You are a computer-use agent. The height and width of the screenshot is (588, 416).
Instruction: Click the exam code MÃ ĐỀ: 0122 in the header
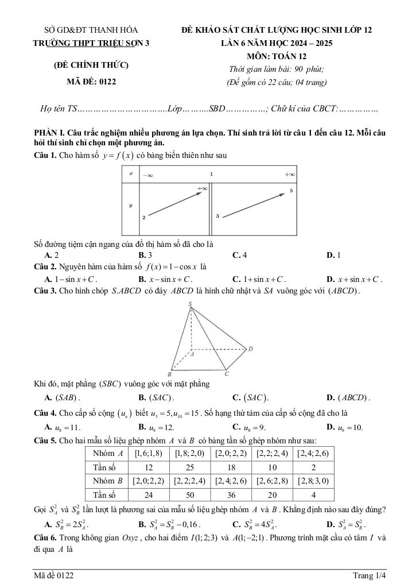(x=91, y=82)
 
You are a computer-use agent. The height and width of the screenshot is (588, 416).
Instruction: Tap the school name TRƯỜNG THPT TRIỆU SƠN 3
(x=91, y=43)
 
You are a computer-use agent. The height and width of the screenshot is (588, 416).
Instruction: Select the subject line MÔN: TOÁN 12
(x=277, y=56)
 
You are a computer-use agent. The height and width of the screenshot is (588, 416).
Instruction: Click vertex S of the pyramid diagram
(x=190, y=305)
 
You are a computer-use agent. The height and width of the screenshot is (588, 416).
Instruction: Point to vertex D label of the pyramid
(x=250, y=349)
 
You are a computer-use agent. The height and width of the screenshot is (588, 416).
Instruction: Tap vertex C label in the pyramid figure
(x=227, y=374)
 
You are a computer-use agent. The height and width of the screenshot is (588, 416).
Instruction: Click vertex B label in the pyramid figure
(x=169, y=374)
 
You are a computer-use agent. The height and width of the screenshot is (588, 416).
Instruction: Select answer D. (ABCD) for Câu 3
(x=348, y=397)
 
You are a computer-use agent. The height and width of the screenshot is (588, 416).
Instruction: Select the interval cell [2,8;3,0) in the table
(x=313, y=481)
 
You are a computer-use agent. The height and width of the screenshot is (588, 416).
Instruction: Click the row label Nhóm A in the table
(x=108, y=454)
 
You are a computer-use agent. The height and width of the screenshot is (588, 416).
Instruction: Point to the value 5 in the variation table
(x=291, y=190)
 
